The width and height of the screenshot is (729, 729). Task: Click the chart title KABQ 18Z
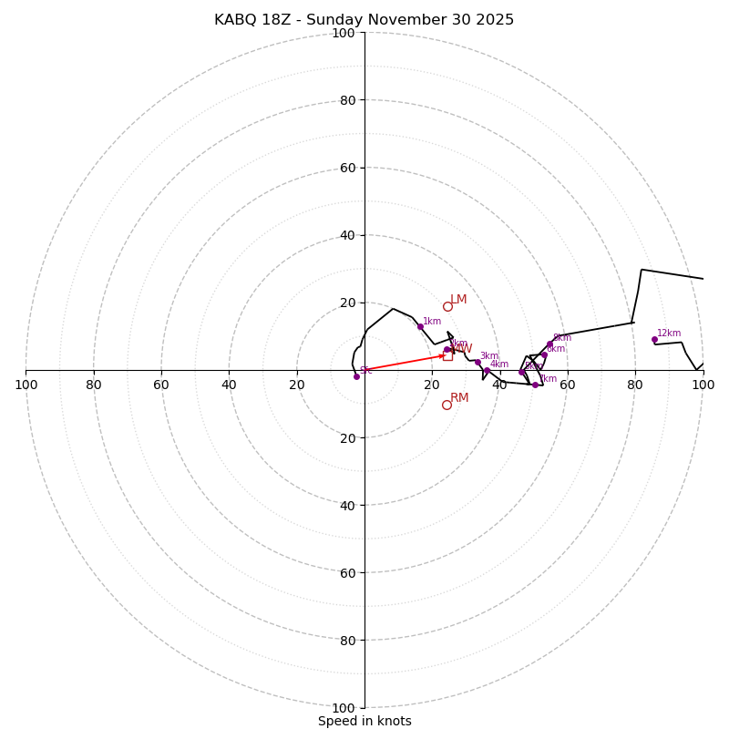click(x=364, y=20)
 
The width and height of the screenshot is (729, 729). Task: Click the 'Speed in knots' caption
click(x=364, y=721)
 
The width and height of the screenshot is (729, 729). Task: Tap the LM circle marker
click(x=447, y=306)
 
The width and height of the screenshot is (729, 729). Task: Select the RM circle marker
click(x=447, y=405)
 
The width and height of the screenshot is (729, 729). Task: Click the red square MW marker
click(x=447, y=355)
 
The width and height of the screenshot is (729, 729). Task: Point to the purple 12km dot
click(x=654, y=339)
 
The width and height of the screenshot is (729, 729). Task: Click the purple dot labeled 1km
click(x=420, y=326)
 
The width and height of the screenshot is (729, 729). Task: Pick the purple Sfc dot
click(x=356, y=376)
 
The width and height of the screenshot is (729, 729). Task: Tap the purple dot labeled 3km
click(x=477, y=362)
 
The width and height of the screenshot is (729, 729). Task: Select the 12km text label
click(x=669, y=334)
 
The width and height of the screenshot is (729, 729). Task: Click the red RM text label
click(x=459, y=398)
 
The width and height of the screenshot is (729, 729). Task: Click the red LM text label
click(x=458, y=300)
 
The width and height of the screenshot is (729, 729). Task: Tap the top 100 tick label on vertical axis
click(x=343, y=33)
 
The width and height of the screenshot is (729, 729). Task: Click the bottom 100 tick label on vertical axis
click(x=343, y=708)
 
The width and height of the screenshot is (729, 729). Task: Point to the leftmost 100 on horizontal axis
click(x=26, y=385)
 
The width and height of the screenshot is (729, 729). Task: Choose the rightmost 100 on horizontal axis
click(x=703, y=385)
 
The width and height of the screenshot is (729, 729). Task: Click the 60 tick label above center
click(x=346, y=168)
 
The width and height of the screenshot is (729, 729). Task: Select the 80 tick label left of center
click(x=94, y=385)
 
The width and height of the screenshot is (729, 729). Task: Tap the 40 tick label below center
click(x=346, y=505)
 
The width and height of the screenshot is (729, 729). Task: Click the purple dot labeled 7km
click(x=535, y=385)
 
